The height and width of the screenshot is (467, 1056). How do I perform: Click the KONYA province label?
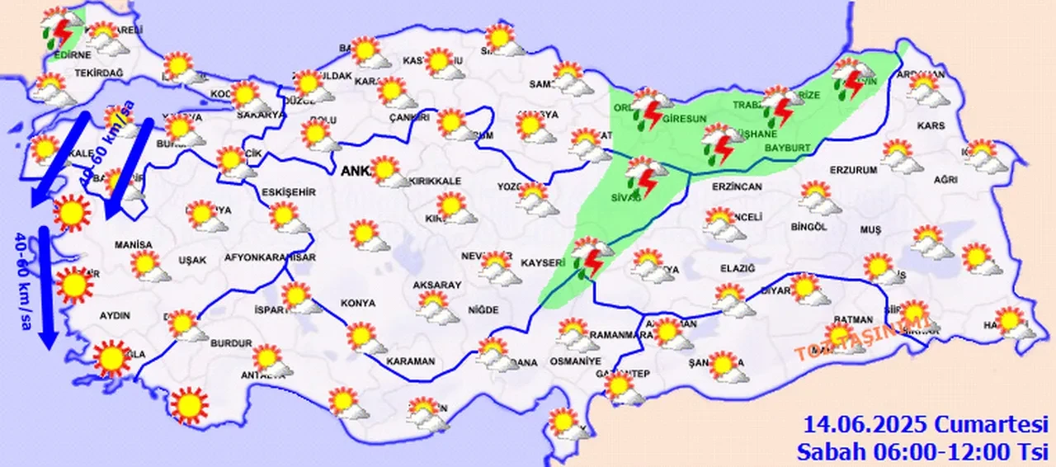pos(360,303)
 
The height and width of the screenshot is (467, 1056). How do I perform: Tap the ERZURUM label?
pos(829,170)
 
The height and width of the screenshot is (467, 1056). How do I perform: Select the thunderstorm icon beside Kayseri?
pos(591,257)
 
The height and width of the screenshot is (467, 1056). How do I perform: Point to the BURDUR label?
pos(231,342)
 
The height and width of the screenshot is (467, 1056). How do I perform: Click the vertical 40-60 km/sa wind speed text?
pos(21,271)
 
